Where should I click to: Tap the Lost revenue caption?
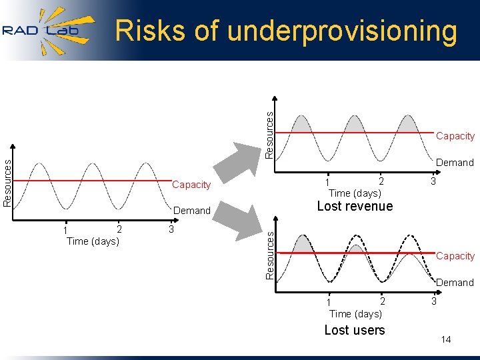click(355, 206)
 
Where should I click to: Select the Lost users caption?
click(354, 330)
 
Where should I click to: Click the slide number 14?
click(446, 340)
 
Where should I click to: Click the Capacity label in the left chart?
click(191, 185)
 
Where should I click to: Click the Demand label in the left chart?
click(191, 211)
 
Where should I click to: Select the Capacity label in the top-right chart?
click(455, 136)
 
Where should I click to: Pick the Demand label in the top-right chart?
click(455, 163)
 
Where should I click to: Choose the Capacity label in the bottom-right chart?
click(455, 256)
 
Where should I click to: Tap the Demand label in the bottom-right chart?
click(455, 283)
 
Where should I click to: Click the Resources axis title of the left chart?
click(7, 181)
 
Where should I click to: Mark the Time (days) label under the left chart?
click(93, 241)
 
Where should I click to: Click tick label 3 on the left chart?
click(171, 229)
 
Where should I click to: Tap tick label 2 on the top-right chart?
click(381, 181)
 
